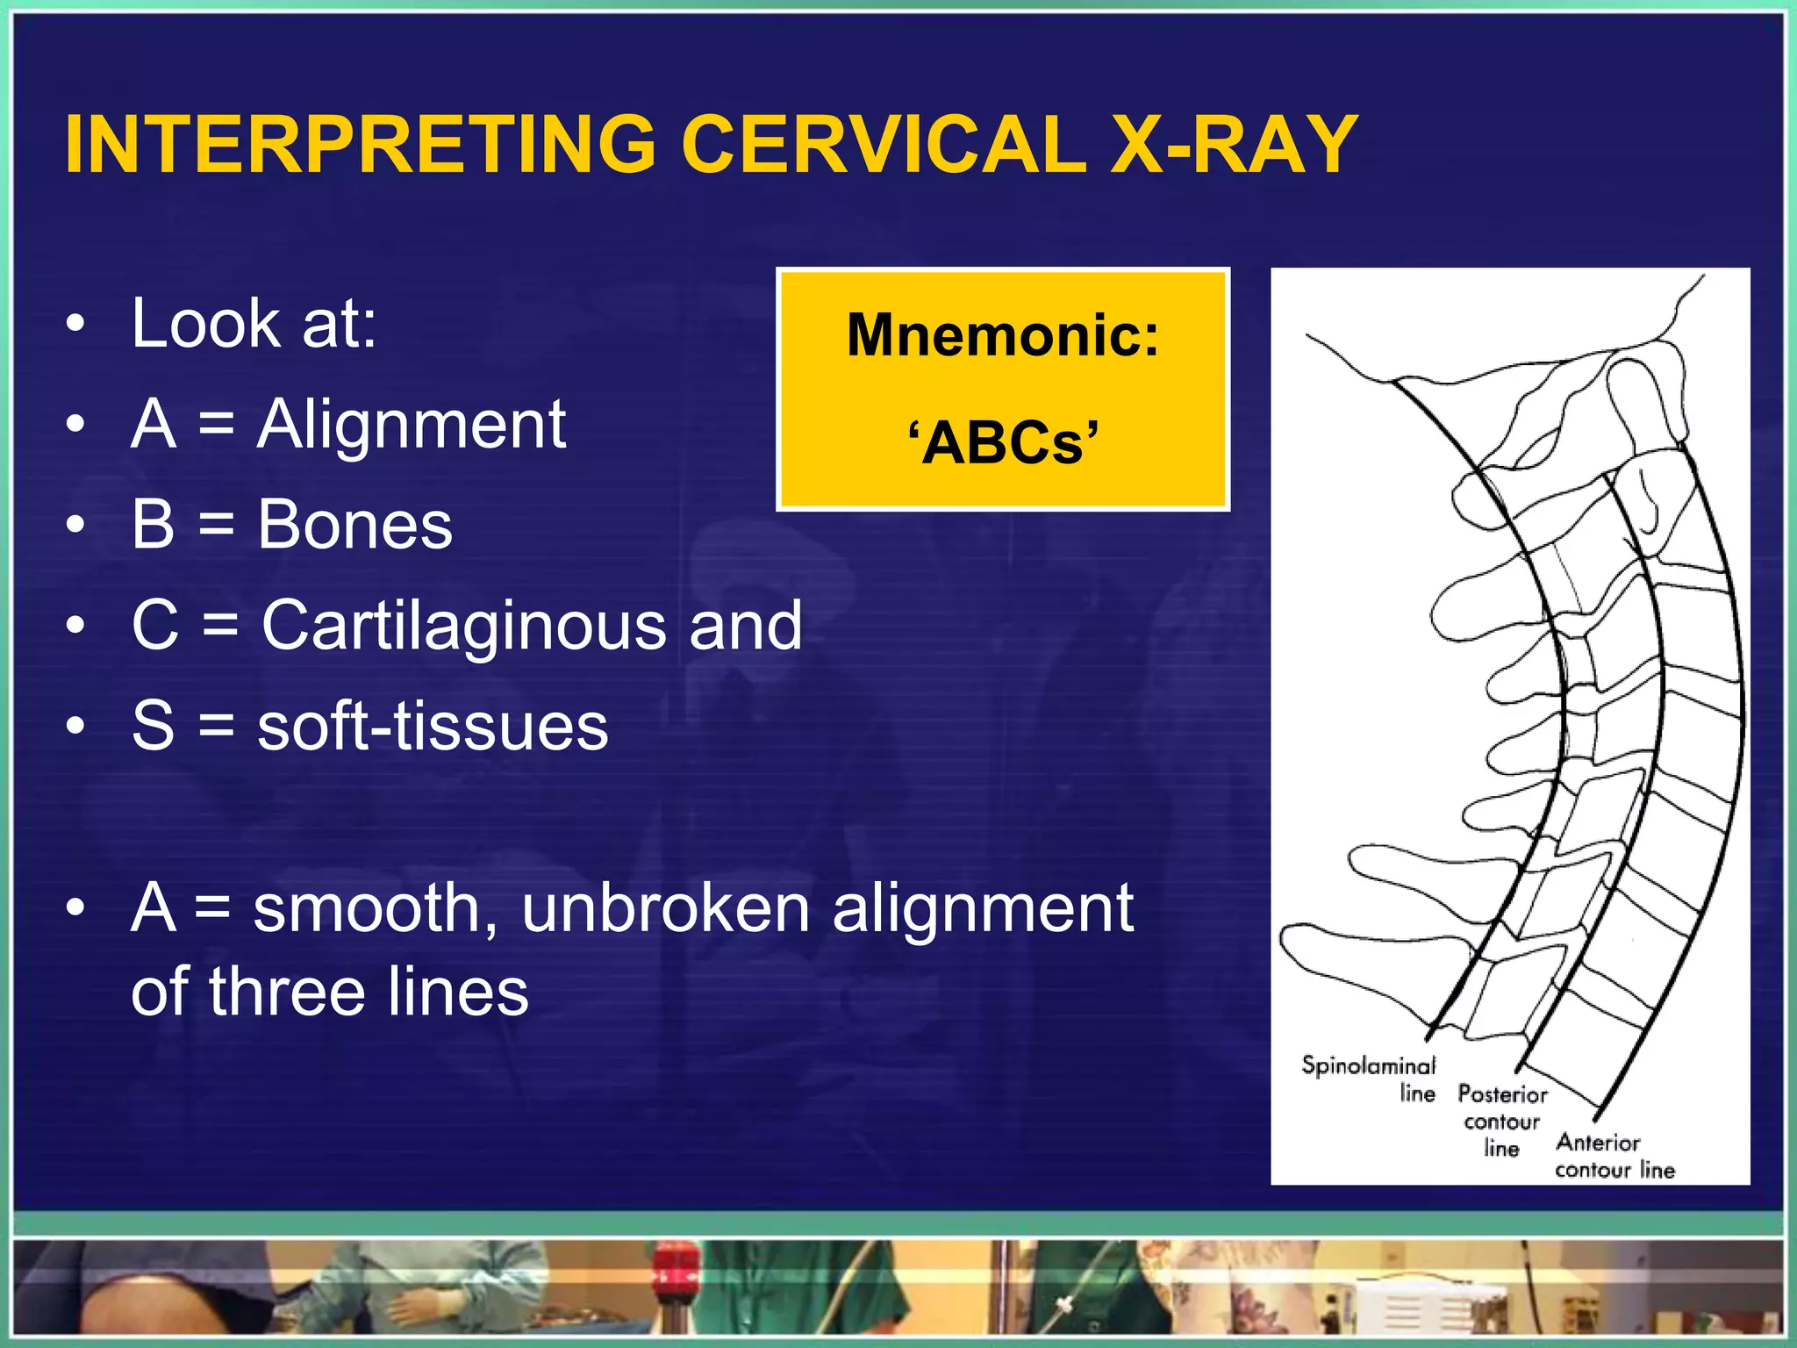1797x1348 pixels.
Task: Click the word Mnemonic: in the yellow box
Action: point(1003,336)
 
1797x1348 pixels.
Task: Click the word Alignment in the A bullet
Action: point(412,425)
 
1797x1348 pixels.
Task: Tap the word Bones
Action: point(354,526)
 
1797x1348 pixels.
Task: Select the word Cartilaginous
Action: point(464,626)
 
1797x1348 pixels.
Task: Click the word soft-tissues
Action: point(433,727)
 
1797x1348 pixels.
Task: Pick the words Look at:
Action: point(254,324)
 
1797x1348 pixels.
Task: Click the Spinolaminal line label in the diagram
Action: point(1370,1079)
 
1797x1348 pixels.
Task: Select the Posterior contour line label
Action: point(1501,1121)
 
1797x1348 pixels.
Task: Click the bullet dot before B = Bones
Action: point(76,526)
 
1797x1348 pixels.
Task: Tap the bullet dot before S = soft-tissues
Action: point(76,727)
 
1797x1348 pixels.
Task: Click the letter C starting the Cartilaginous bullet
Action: point(154,626)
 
